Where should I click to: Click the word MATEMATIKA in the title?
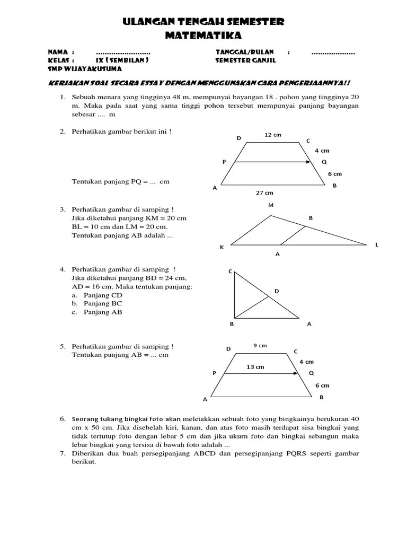[203, 36]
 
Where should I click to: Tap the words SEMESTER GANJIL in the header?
[245, 60]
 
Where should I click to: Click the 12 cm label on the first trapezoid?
[272, 135]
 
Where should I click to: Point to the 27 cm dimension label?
[264, 193]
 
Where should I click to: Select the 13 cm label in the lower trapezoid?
[255, 367]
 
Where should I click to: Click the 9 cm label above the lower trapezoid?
[260, 346]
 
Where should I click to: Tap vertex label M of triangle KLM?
[271, 205]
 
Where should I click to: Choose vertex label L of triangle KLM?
[377, 244]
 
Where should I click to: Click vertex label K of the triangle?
[223, 247]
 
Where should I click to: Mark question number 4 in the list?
[62, 270]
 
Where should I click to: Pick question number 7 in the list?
[62, 453]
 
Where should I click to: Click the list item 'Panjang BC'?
[103, 304]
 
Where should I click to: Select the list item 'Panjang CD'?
[103, 295]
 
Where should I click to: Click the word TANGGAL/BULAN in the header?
[245, 52]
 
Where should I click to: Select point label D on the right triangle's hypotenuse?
[276, 291]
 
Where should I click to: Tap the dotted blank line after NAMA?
[123, 53]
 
